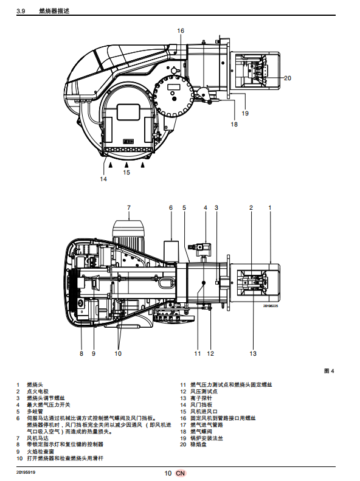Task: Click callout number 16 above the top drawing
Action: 181,30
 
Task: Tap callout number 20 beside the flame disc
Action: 287,78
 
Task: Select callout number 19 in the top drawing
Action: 245,113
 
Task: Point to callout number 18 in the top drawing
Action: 234,124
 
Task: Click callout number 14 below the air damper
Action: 103,179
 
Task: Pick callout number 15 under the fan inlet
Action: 126,173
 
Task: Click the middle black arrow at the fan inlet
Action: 126,165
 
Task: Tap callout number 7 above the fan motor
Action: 129,208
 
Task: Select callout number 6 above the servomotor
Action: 171,208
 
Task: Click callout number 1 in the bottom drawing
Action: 270,208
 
